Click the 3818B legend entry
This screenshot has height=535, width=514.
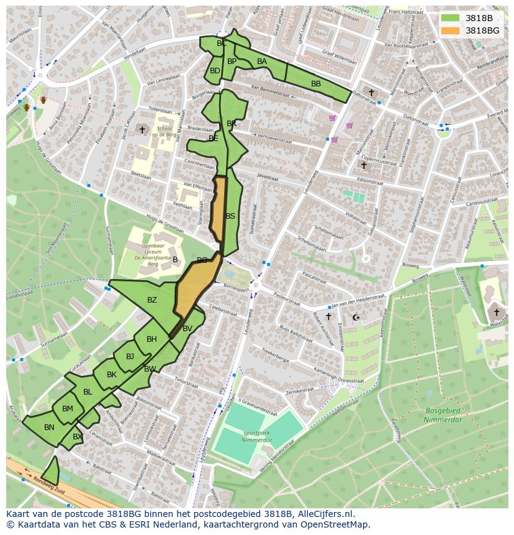(x=476, y=19)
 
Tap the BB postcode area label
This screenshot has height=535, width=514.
(x=316, y=84)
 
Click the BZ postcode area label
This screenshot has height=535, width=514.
(x=152, y=300)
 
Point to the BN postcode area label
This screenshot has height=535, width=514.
(x=49, y=427)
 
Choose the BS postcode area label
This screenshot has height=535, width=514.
(x=230, y=216)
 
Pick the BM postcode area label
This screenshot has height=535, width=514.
(x=68, y=408)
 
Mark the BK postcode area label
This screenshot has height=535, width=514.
(x=112, y=375)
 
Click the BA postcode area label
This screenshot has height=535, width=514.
(x=262, y=62)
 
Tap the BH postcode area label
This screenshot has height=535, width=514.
(x=151, y=339)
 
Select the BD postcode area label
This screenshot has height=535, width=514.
(x=215, y=71)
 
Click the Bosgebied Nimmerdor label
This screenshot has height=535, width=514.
(x=444, y=415)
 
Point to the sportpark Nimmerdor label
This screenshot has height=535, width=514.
(x=256, y=436)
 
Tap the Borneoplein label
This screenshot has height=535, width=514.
(x=236, y=289)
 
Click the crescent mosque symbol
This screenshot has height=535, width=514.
(x=356, y=318)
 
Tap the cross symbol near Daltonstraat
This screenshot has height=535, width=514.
(x=371, y=93)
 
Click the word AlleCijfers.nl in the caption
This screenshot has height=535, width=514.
(x=323, y=514)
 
